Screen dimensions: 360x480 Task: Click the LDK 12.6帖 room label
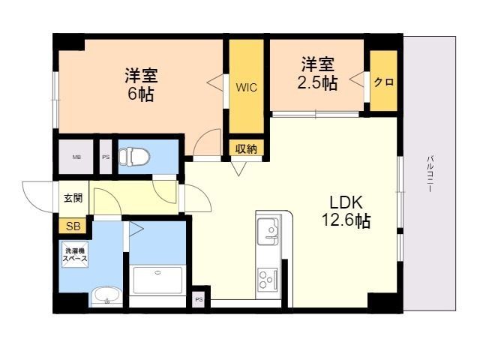coord(345,211)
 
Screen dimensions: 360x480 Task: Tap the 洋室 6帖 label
coord(141,85)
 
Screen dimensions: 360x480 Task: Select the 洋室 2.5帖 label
coord(319,73)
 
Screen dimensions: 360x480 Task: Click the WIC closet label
coord(247,87)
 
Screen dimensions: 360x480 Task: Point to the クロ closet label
coord(384,82)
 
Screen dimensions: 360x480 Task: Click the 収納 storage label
coord(246,148)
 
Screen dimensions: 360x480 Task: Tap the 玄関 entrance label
coord(72,199)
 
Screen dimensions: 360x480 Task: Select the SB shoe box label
coord(73,225)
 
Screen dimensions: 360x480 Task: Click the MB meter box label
coord(76,157)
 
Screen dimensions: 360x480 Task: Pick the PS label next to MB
coord(106,157)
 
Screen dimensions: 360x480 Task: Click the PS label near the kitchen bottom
coord(199,299)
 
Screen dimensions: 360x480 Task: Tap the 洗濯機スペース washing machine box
coord(75,255)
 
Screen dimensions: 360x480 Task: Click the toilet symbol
coord(135,157)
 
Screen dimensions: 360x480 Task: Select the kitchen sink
coord(268,229)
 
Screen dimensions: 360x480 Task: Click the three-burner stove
coord(268,280)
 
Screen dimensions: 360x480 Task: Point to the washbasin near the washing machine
coord(106,296)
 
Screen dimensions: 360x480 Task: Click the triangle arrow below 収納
coord(238,167)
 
